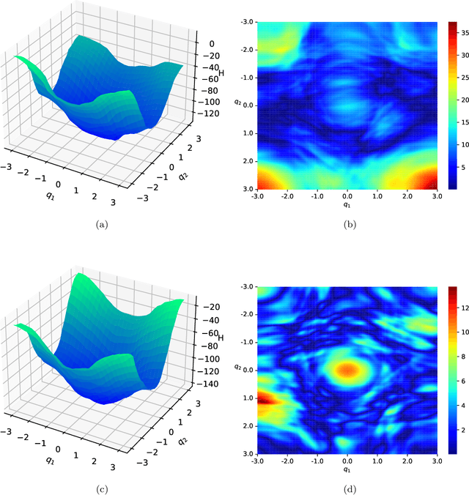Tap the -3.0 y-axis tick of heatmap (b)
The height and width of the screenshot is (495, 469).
pos(247,22)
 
